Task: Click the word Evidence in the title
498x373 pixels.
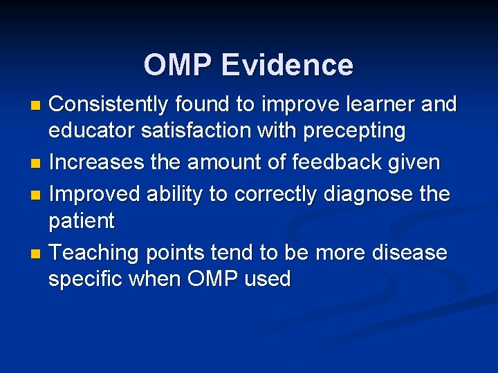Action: coord(287,65)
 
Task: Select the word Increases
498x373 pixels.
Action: coord(95,163)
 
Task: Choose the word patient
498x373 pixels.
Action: coord(81,222)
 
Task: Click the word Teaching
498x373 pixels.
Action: coord(95,253)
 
